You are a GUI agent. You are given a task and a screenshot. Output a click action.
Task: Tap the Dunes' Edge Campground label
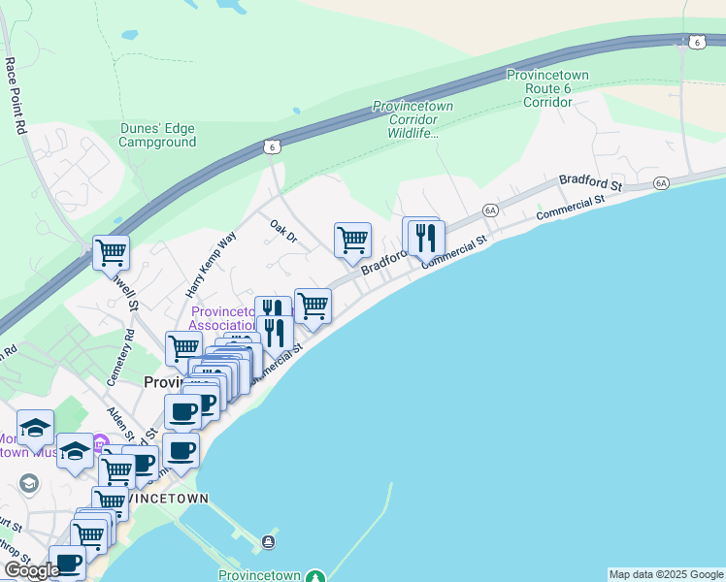click(x=157, y=134)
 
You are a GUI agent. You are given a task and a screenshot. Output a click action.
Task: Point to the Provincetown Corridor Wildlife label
click(x=407, y=119)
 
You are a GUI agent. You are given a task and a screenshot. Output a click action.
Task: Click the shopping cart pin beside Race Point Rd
click(x=111, y=252)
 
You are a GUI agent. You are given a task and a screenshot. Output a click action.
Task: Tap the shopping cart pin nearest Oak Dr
click(x=352, y=239)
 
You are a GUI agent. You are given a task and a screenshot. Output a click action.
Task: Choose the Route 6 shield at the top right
click(x=697, y=42)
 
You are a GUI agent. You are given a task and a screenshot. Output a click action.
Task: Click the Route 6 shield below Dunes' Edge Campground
click(x=274, y=145)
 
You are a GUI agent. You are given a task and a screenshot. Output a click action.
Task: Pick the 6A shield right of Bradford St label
click(x=662, y=182)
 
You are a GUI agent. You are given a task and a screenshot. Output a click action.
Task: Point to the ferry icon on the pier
click(x=268, y=541)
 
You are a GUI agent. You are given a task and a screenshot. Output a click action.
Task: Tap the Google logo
click(x=31, y=570)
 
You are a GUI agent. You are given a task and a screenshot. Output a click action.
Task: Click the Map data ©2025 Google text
click(x=666, y=574)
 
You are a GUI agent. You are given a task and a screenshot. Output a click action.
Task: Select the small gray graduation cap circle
click(x=28, y=482)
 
